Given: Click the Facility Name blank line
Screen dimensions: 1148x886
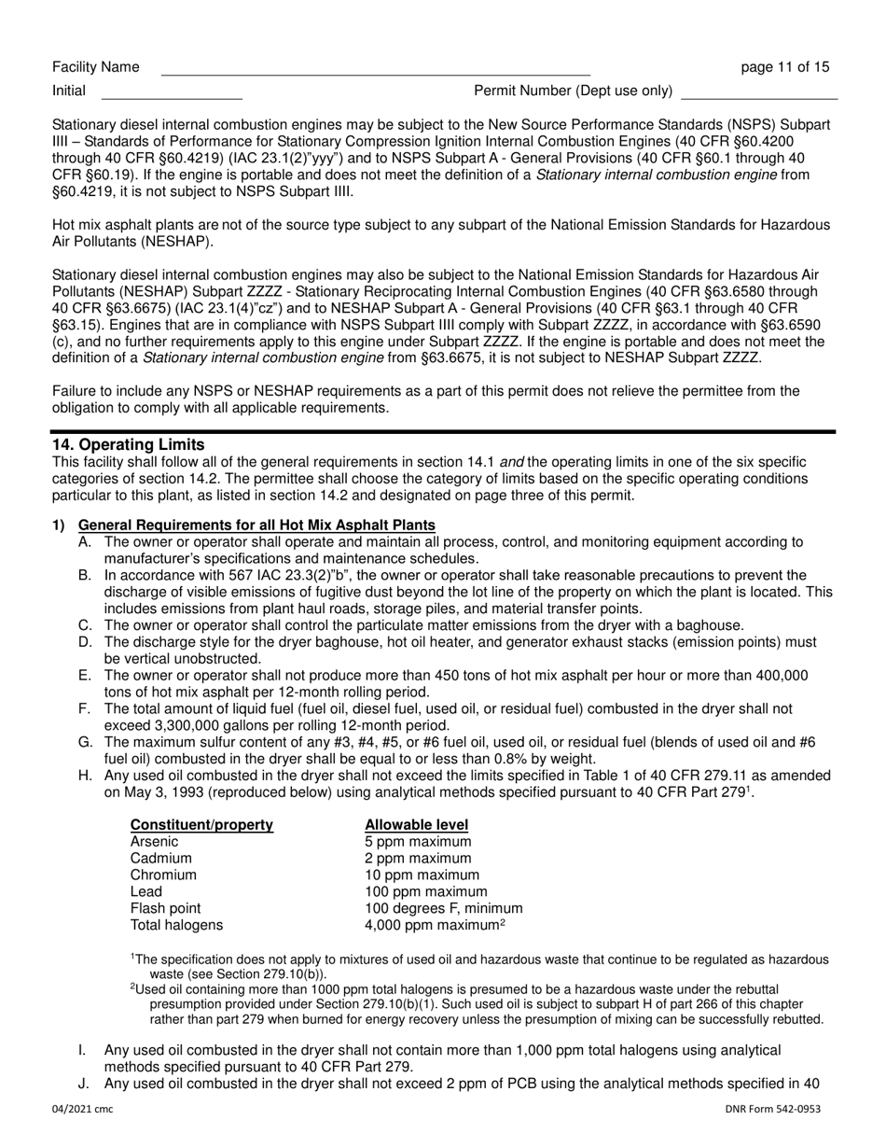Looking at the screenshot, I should click(x=375, y=69).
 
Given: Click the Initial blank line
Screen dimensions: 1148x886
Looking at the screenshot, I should click(x=171, y=92).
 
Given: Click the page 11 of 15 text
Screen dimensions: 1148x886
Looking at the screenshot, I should click(x=784, y=67).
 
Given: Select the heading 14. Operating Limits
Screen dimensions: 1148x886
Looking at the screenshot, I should click(x=128, y=444).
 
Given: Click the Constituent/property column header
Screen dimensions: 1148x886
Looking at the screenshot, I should click(x=201, y=825).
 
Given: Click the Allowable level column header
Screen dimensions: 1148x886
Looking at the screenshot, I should click(x=416, y=825).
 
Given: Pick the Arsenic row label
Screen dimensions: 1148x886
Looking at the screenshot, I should click(x=154, y=842).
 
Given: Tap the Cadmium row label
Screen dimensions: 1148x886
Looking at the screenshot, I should click(x=160, y=859).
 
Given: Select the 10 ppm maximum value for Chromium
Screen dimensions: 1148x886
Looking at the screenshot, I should click(x=422, y=875).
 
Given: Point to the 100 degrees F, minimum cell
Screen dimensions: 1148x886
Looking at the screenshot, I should click(x=443, y=909).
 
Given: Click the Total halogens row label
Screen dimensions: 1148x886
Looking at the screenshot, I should click(x=176, y=926).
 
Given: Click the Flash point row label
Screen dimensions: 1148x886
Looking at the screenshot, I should click(x=165, y=909).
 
